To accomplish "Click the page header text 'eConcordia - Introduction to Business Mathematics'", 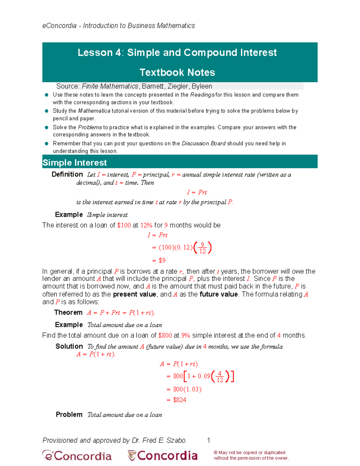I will [x=118, y=26].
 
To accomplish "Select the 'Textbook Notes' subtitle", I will [x=177, y=72].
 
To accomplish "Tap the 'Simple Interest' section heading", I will [x=75, y=163].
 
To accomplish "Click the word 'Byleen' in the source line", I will [x=202, y=86].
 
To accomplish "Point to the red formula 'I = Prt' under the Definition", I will [x=197, y=192].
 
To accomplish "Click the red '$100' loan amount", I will [x=124, y=225].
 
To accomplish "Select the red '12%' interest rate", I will [x=146, y=225].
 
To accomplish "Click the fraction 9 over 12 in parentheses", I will [x=203, y=248].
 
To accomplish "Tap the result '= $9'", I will [x=159, y=260].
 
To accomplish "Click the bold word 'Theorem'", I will [x=68, y=313].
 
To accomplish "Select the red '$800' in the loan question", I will [x=165, y=335].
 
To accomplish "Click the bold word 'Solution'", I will [x=69, y=347].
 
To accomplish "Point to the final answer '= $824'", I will [x=176, y=400].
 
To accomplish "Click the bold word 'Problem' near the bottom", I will [x=69, y=415].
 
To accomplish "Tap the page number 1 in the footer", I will [x=208, y=440].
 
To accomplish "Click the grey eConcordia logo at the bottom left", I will [x=77, y=456].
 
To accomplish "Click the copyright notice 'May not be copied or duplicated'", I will [x=250, y=452].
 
